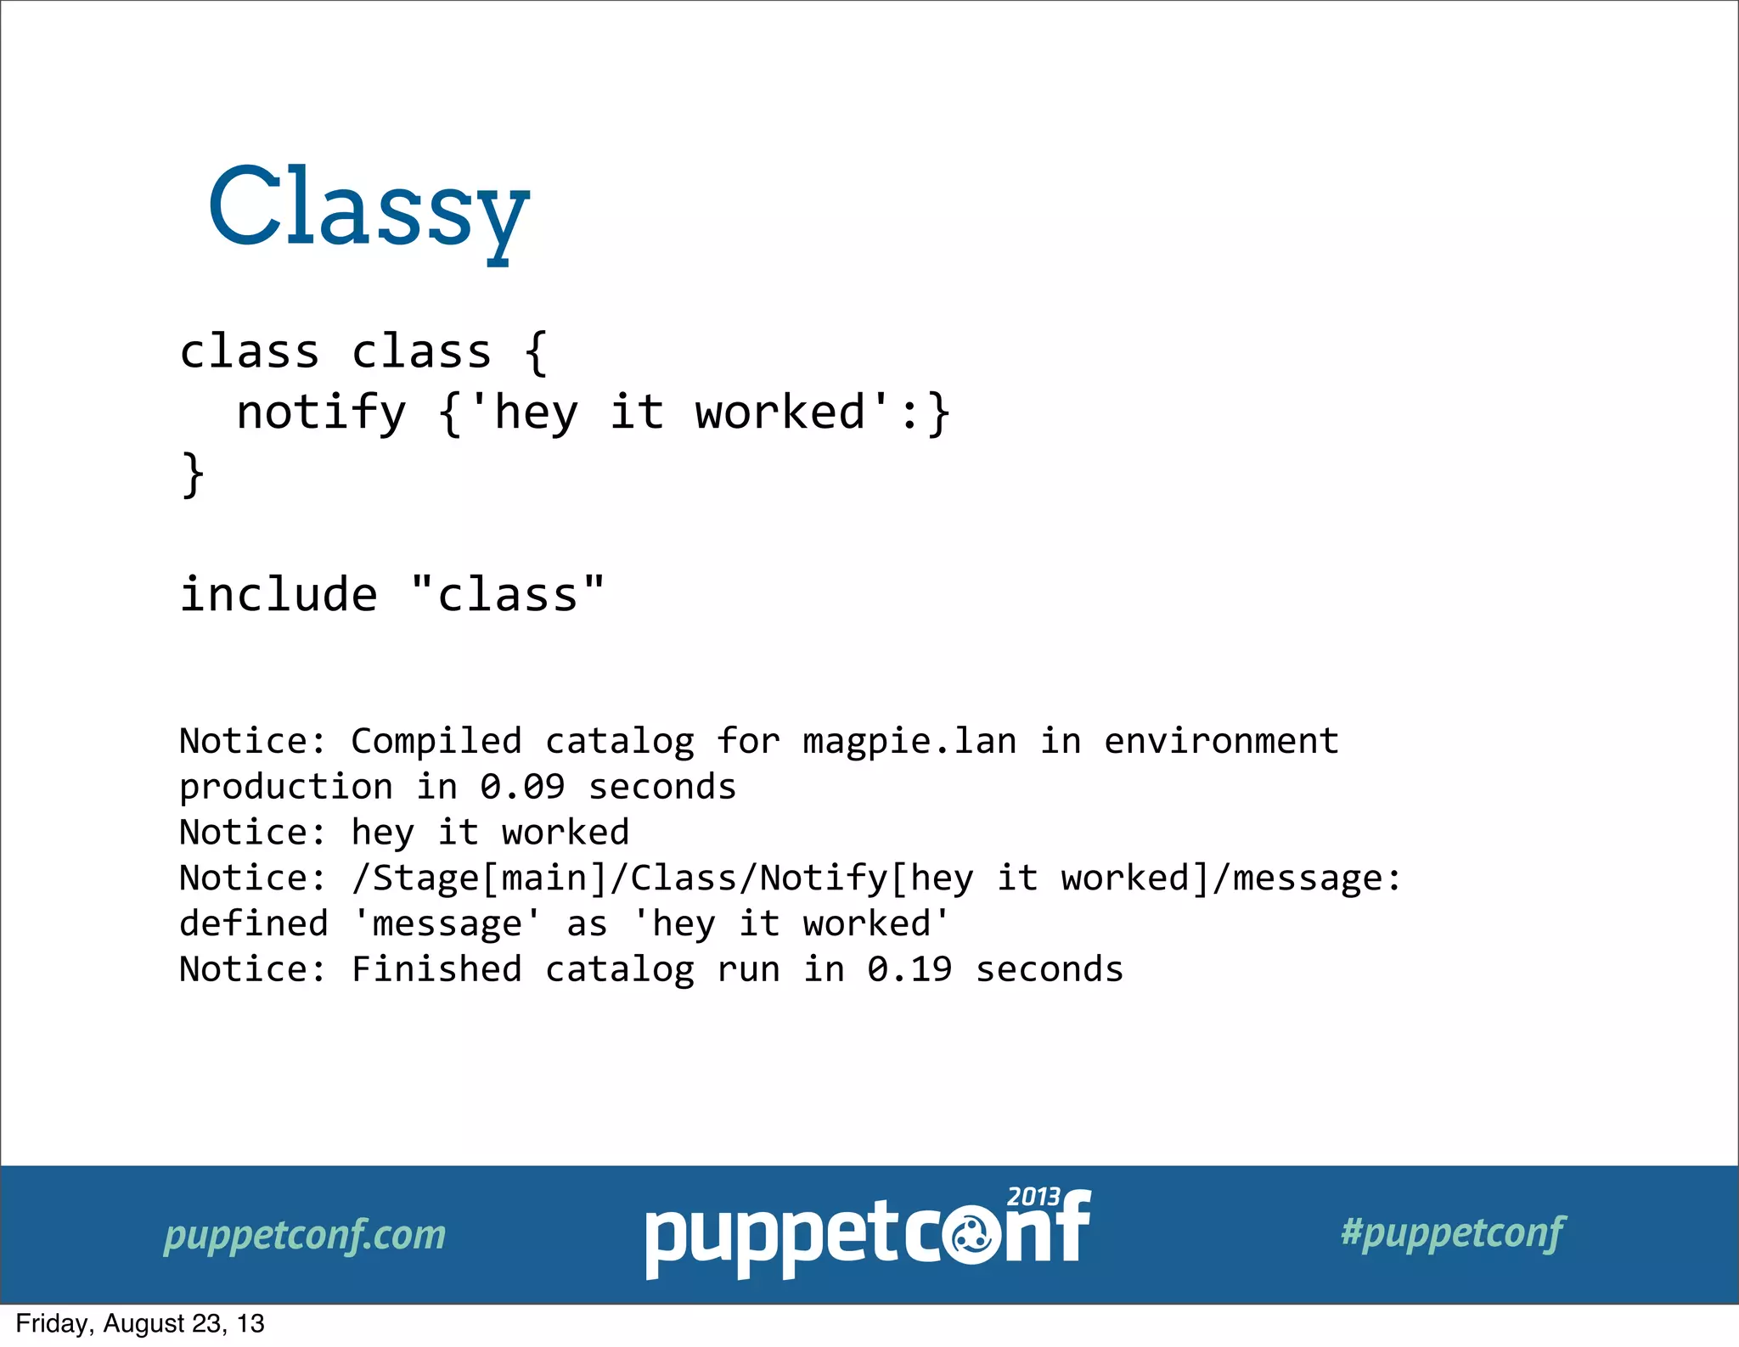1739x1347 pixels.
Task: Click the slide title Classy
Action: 369,208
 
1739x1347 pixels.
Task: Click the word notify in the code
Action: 321,413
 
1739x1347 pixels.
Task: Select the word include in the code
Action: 279,594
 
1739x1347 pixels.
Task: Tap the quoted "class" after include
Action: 508,594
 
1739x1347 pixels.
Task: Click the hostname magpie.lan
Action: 909,742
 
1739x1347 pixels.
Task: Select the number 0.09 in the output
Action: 522,788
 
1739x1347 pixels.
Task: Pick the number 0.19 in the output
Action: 909,969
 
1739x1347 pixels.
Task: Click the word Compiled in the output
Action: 436,742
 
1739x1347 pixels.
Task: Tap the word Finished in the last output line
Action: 436,969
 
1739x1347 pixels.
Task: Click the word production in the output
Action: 286,788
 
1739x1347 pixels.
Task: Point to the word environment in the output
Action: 1221,742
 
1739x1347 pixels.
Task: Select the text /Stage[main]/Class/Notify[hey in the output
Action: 662,878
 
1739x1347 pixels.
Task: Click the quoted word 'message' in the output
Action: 447,924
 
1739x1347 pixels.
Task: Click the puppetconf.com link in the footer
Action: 305,1235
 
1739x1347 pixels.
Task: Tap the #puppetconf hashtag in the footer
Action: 1453,1232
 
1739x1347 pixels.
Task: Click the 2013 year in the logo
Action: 1033,1197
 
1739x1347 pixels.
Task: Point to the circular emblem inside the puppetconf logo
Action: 972,1240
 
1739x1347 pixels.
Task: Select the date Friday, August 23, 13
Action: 140,1324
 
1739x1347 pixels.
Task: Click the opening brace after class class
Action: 535,352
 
